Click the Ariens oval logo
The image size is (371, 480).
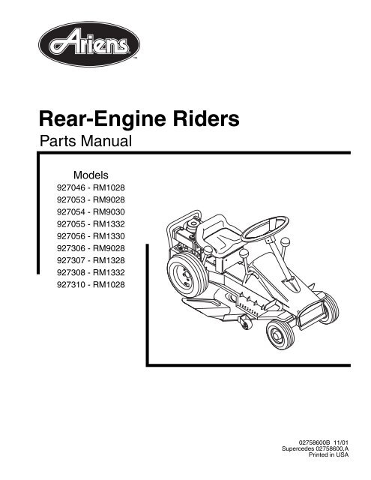coord(89,44)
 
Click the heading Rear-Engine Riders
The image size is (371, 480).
coord(139,119)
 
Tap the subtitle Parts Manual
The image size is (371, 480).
coord(85,141)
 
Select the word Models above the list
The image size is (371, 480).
coord(91,175)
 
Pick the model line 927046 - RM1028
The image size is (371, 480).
coord(91,187)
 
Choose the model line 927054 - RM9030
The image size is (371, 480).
coord(91,211)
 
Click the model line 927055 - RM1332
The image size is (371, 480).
coord(91,224)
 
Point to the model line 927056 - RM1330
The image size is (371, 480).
coord(91,236)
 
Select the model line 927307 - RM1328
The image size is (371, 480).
coord(91,260)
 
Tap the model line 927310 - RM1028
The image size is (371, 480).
coord(91,285)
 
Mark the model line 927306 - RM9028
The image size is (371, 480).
coord(91,248)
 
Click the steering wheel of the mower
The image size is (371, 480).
coord(265,229)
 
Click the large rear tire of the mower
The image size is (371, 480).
coord(184,274)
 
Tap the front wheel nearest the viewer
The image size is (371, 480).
coord(280,334)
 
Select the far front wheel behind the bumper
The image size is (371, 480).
coord(330,308)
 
